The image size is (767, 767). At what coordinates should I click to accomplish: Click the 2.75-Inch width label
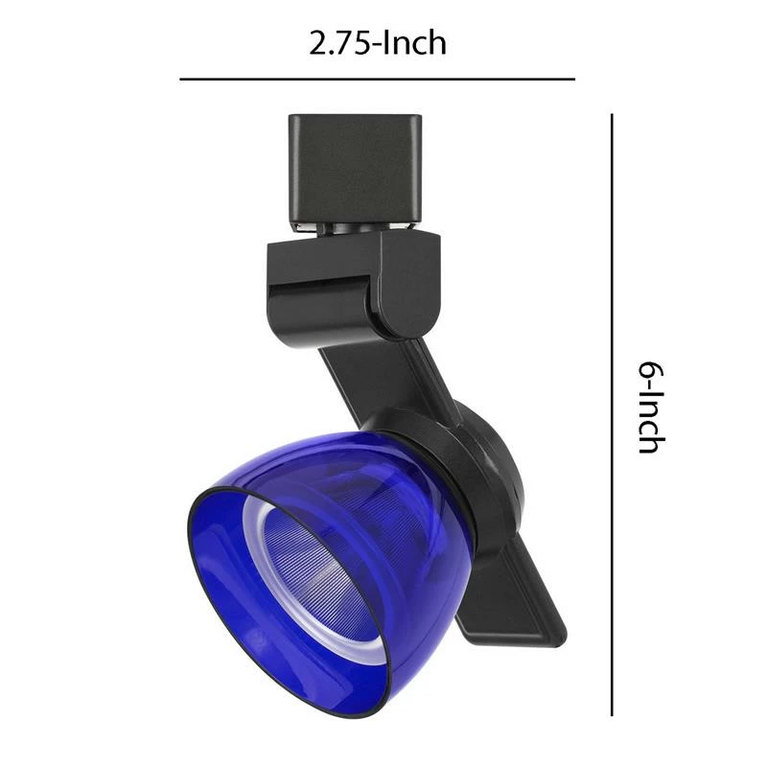377,43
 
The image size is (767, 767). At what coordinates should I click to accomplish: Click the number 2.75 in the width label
337,43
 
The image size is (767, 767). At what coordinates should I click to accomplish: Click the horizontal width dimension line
377,79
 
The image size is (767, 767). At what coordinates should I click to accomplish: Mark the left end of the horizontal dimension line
182,79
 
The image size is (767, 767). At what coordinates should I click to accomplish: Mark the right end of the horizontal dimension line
573,79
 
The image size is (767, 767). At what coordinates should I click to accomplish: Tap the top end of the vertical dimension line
612,116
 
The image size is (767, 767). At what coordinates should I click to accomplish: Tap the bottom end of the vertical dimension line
612,713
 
